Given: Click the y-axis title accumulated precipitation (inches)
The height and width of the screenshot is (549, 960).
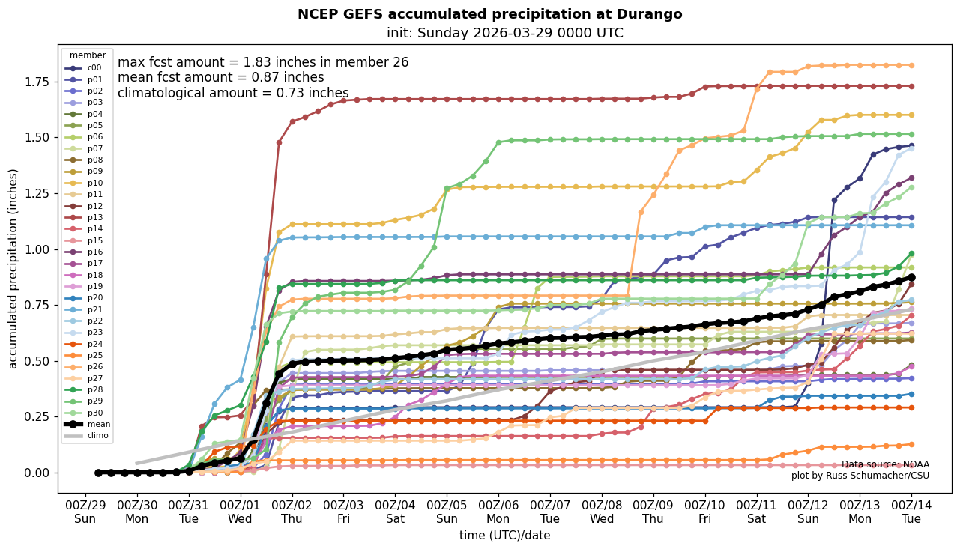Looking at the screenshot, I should click(x=13, y=268).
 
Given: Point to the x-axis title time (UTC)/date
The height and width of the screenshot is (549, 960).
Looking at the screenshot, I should click(x=504, y=535).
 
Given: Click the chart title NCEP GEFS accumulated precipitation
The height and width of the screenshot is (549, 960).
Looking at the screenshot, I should click(x=489, y=14).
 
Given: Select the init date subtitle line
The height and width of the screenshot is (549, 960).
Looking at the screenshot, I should click(x=504, y=33).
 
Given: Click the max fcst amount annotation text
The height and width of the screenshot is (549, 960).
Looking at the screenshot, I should click(x=263, y=63).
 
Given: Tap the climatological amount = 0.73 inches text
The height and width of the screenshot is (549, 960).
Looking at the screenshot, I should click(x=233, y=93).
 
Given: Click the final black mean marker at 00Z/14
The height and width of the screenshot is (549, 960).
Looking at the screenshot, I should click(x=911, y=277).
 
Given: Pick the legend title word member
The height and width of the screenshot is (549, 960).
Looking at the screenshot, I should click(x=88, y=55).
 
